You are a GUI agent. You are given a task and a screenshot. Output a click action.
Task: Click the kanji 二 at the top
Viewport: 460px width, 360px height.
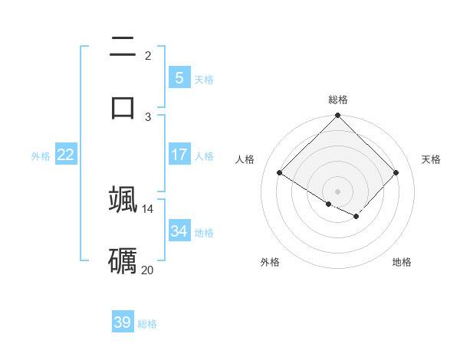pos(123,47)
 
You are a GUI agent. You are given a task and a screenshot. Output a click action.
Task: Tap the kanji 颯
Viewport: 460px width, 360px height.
pos(123,199)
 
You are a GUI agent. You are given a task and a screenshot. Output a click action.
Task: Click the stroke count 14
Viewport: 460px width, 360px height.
pos(148,208)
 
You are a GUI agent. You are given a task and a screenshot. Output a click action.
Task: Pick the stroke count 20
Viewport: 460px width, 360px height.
pos(148,270)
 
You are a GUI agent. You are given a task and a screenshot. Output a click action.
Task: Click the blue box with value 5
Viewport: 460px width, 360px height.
pos(179,78)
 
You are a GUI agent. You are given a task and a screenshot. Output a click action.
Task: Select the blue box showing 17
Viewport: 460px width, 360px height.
pos(179,155)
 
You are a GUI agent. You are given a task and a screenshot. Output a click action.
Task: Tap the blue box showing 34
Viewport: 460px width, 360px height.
pos(179,231)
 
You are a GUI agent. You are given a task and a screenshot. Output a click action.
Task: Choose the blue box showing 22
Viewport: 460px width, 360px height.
pos(65,155)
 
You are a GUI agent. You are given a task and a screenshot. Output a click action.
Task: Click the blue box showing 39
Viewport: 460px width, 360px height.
pos(122,322)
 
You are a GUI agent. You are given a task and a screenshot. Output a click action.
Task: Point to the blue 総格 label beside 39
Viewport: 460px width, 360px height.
pos(147,324)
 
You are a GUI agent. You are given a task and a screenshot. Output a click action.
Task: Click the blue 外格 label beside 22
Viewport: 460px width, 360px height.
pos(41,156)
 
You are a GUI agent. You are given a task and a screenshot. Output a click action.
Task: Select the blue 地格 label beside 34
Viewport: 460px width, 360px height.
pos(204,233)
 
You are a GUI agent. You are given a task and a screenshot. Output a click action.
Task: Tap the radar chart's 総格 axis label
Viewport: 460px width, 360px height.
pos(338,100)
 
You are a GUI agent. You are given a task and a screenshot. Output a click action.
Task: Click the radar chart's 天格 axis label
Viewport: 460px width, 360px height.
pos(431,159)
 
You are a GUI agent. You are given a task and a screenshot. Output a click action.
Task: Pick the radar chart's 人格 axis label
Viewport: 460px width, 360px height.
pos(245,159)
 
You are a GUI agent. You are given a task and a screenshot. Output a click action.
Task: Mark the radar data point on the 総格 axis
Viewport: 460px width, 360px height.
pos(338,116)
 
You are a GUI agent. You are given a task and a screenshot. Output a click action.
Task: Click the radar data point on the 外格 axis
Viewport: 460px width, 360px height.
pos(329,204)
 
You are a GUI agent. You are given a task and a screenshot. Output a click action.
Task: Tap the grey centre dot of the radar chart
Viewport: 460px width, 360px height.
pos(338,191)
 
